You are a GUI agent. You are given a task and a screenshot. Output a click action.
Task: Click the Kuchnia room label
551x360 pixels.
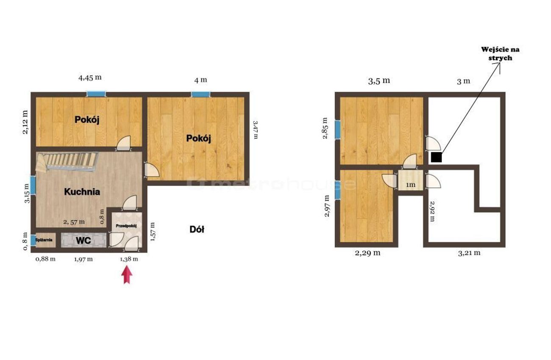coord(82,192)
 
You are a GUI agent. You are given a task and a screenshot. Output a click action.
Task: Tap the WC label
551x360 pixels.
coord(83,241)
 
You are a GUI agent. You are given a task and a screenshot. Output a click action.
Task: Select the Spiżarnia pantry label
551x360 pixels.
coord(44,240)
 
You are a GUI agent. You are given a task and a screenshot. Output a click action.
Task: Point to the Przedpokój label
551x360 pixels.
coord(126,226)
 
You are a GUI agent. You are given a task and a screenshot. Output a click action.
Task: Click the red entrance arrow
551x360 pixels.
coord(127,275)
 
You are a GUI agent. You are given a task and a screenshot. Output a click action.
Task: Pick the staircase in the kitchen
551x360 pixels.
coord(67,162)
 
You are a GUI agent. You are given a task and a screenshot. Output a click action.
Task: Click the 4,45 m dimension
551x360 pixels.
coord(90,78)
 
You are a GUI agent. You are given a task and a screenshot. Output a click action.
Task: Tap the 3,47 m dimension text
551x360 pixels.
coord(256,130)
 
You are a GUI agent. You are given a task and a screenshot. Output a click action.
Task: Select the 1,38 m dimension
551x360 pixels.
coord(129,259)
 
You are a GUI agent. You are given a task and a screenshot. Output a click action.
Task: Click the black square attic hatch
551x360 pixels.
coord(437,157)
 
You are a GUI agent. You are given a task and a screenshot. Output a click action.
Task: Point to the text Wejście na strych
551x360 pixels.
coord(500,53)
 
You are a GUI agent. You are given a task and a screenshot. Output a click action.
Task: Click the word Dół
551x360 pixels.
coord(197,230)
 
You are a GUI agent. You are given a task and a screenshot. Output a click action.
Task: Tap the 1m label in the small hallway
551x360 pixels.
coord(411,185)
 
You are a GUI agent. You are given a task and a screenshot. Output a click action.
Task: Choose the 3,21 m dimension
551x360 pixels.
coord(469,253)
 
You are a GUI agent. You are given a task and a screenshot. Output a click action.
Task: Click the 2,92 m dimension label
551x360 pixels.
coord(432,211)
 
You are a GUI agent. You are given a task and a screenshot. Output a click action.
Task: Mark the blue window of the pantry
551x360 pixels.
coord(33,240)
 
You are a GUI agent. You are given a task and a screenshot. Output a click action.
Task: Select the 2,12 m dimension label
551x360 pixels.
coord(25,122)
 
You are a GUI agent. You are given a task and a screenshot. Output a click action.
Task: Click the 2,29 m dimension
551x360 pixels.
coord(367,253)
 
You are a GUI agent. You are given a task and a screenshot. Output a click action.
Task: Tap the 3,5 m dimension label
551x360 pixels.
coord(379,81)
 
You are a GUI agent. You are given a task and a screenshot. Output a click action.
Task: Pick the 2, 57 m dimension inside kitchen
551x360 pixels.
coord(74,222)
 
